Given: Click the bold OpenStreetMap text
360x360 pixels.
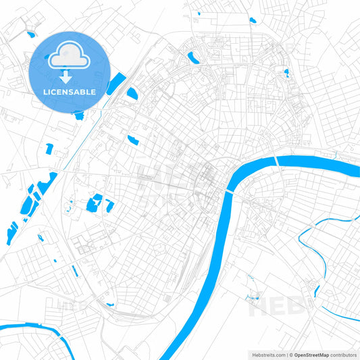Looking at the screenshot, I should (311, 354).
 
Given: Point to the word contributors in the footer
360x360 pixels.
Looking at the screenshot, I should (342, 354).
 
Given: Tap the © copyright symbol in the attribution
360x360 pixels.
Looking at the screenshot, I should (290, 354).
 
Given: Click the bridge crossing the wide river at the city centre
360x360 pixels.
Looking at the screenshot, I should (230, 192).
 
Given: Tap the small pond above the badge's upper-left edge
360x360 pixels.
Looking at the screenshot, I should (30, 33).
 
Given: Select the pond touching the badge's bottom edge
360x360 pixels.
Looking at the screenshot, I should (80, 115).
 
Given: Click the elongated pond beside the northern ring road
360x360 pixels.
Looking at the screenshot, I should (192, 56).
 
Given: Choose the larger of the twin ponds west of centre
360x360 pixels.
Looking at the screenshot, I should (96, 201).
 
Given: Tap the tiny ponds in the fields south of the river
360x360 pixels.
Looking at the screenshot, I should (254, 296).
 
